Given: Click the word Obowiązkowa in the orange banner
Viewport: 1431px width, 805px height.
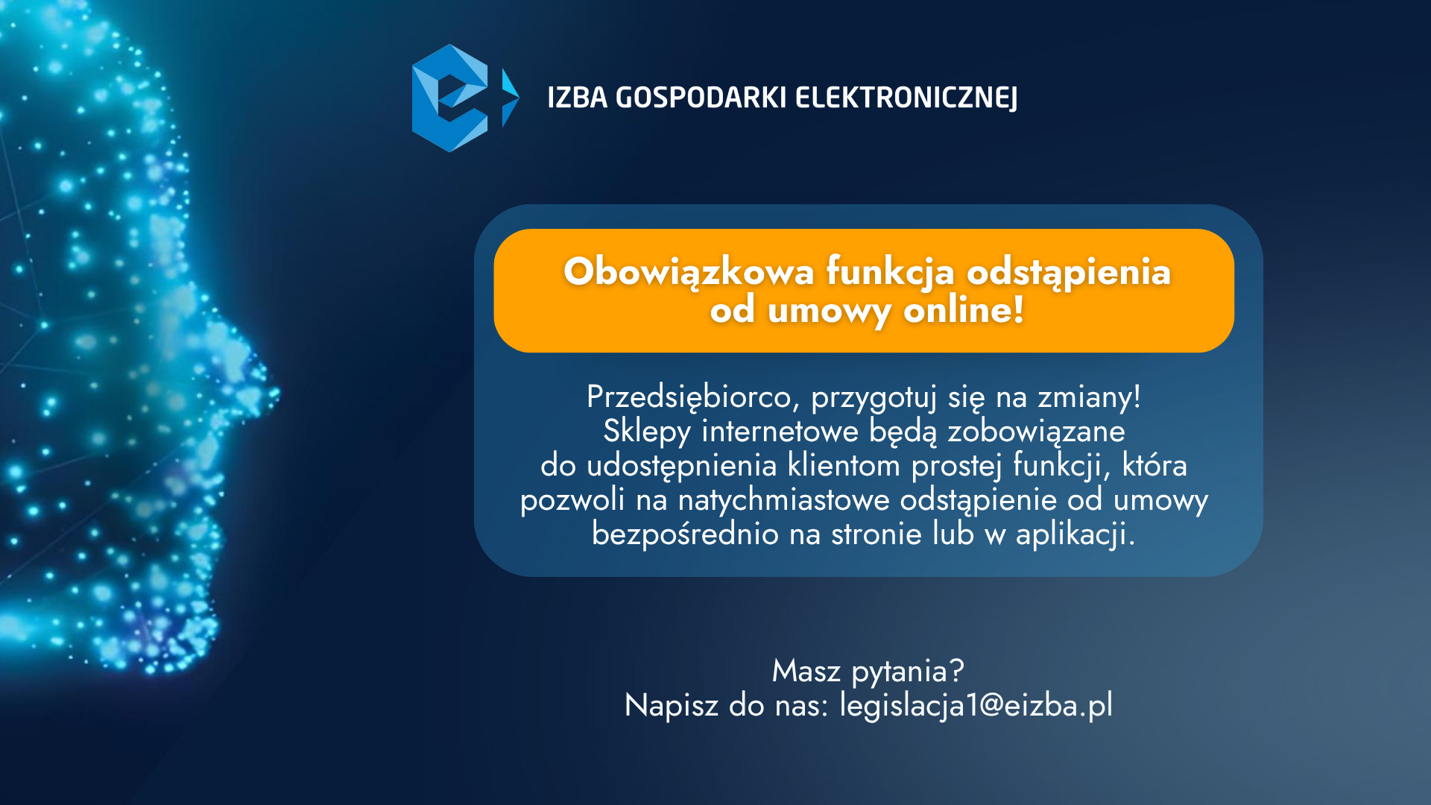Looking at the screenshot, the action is (x=689, y=272).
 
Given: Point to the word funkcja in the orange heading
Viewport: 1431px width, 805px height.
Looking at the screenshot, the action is (x=890, y=272).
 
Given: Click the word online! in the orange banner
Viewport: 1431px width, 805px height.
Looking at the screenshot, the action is (x=964, y=309).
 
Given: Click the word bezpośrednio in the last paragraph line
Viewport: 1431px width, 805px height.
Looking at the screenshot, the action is (x=685, y=534).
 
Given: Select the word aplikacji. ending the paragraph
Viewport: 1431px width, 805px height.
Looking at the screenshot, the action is (x=1075, y=534).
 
